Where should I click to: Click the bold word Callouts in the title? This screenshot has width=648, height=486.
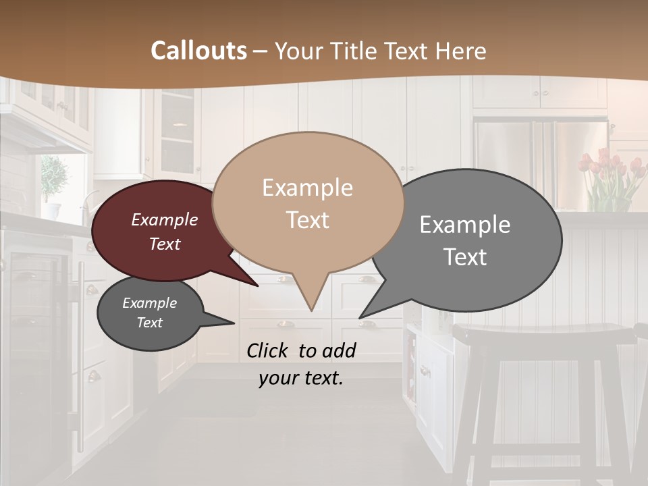(x=199, y=51)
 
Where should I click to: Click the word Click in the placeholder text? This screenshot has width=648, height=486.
(x=268, y=350)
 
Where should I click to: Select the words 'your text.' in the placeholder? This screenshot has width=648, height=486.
(x=301, y=378)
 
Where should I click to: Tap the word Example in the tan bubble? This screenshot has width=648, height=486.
(x=308, y=188)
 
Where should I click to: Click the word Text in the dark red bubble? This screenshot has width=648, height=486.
(x=165, y=244)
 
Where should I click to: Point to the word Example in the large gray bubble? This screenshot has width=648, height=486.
(x=465, y=225)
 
